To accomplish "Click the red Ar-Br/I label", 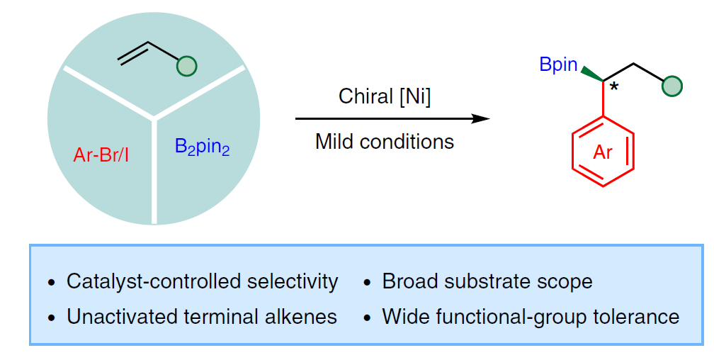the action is pos(101,155).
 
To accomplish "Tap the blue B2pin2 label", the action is pos(202,147).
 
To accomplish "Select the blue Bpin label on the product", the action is pos(558,64).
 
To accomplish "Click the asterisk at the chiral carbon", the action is pos(614,86).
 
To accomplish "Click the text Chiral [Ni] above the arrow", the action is pos(385,96).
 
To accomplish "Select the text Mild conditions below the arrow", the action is pos(385,141).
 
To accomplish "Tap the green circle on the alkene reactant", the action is pos(187,66).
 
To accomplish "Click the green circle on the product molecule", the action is pos(672,86).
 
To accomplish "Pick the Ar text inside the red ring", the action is pos(603,152).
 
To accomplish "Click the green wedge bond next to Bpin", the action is pos(591,74).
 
